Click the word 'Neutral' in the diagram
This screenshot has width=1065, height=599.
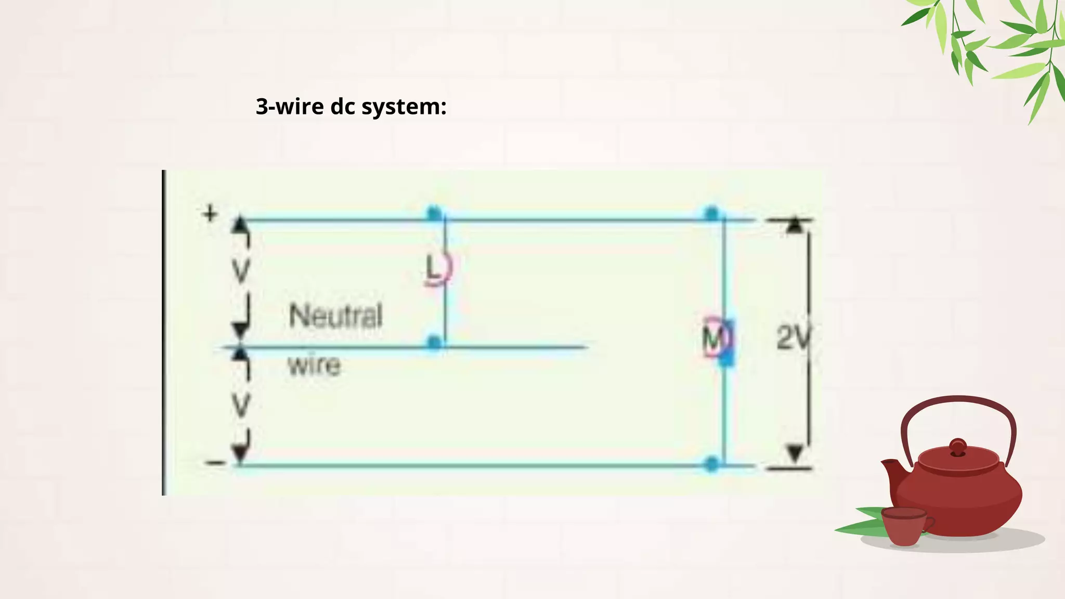(x=335, y=315)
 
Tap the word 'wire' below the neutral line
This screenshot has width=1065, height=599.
(x=314, y=364)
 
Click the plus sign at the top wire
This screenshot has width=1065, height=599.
(x=210, y=214)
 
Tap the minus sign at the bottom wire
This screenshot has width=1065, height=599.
(x=215, y=462)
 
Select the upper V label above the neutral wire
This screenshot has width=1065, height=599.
(x=240, y=270)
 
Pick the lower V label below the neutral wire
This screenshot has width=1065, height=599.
(x=240, y=405)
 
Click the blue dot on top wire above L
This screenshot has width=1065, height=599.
(x=434, y=213)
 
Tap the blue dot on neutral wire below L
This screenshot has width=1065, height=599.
(x=434, y=342)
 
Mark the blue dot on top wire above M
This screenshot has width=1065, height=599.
(x=711, y=213)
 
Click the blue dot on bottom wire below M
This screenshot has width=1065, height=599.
(x=711, y=463)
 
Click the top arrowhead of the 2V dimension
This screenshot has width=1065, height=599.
(x=794, y=226)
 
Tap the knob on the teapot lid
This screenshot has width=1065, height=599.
(x=957, y=447)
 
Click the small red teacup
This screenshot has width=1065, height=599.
(x=904, y=526)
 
